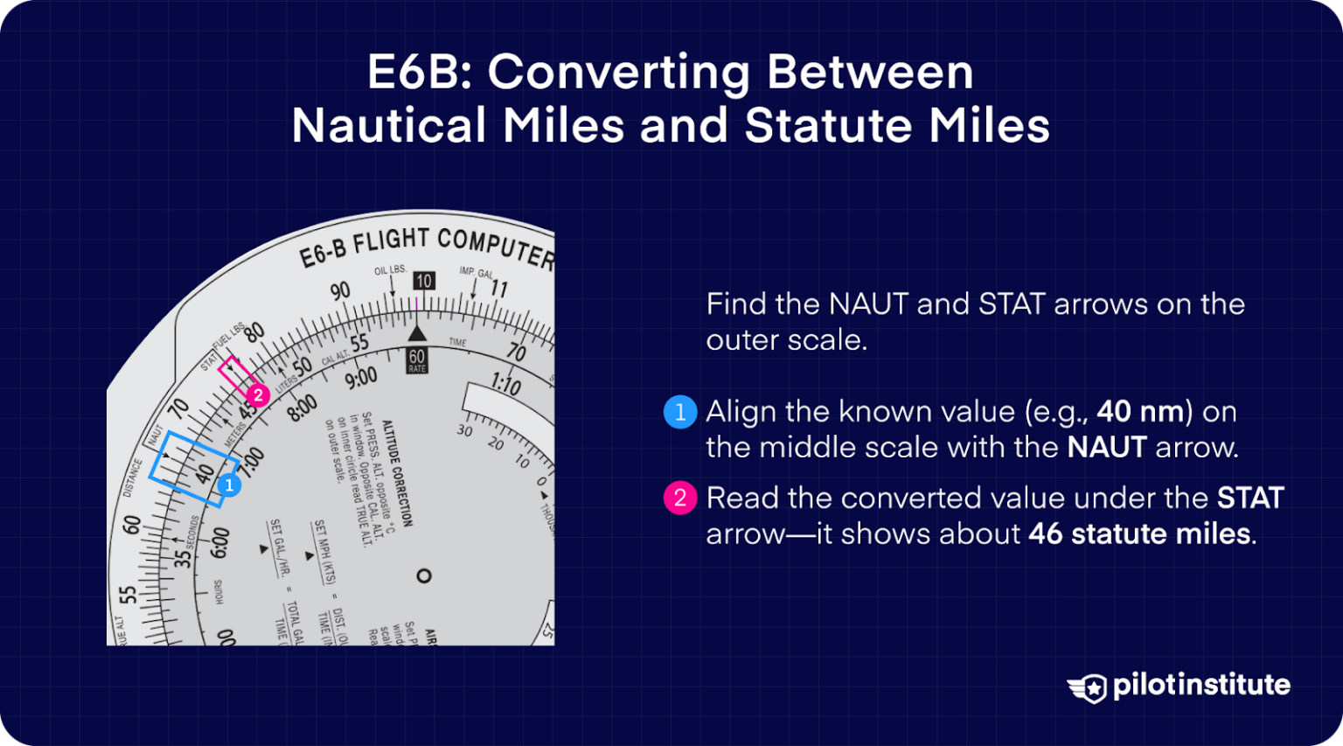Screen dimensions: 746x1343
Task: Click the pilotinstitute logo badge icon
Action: pos(1088,687)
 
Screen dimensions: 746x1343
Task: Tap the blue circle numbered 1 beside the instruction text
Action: pos(680,412)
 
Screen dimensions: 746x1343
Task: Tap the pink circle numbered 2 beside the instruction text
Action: pos(680,498)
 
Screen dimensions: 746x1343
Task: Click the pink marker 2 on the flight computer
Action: pos(257,395)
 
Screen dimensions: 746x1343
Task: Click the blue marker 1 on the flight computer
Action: pos(229,485)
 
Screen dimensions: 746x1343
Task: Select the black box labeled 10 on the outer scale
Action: pos(424,281)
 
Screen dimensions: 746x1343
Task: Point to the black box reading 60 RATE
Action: pos(417,360)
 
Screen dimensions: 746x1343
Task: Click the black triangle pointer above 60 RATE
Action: pos(417,333)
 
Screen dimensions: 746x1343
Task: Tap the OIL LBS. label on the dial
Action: pos(390,270)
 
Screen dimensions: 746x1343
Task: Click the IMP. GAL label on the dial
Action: pos(477,273)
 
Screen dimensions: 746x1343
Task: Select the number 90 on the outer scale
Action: pos(339,291)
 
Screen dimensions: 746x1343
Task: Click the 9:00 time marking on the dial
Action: pos(360,379)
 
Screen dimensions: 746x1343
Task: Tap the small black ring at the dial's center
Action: pos(424,575)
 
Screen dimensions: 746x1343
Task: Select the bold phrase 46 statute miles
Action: pos(1139,533)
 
